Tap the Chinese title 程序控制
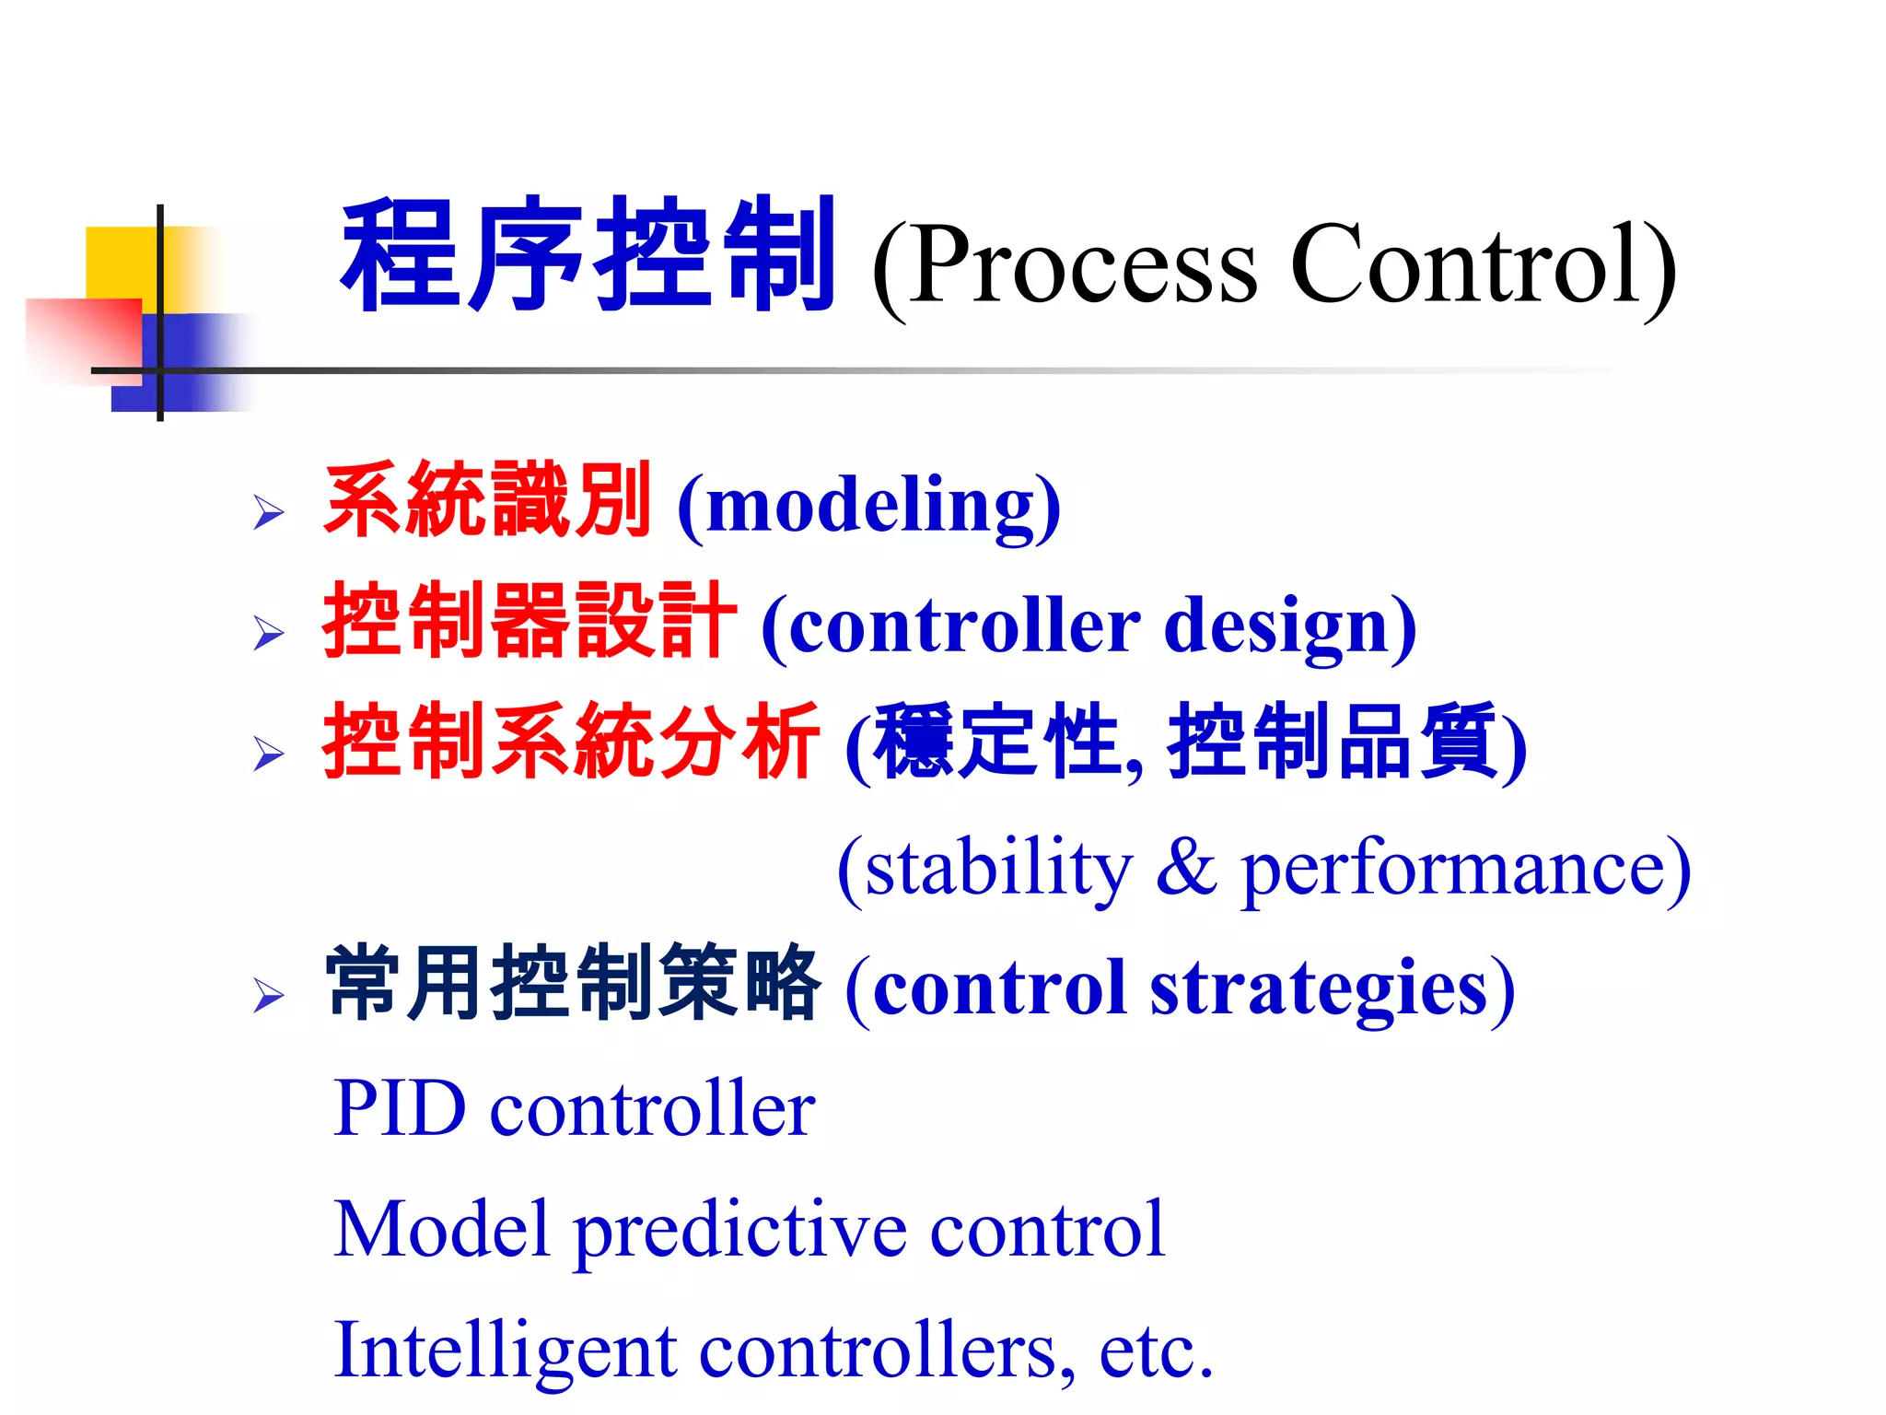click(588, 255)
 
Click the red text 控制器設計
click(530, 621)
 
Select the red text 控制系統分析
click(570, 742)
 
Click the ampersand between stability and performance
click(1186, 868)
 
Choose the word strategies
click(1319, 988)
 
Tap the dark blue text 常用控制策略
click(572, 983)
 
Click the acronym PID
click(400, 1108)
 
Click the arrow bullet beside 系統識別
click(268, 512)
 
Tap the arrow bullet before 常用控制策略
click(268, 996)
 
